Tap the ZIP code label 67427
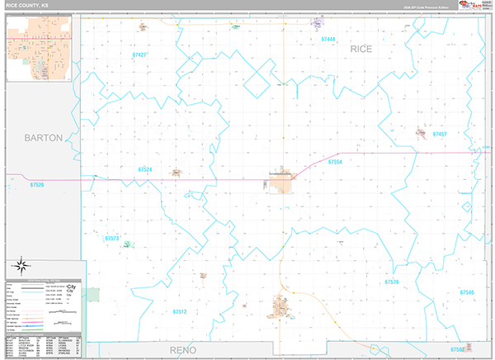tap(139, 54)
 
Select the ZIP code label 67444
tap(328, 39)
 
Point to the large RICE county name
tap(361, 50)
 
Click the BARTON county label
tap(43, 138)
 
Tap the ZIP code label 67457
tap(438, 134)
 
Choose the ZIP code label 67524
tap(144, 169)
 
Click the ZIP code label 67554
tap(335, 162)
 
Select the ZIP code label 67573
tap(113, 238)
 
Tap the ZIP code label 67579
tap(391, 282)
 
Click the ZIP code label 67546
tap(467, 292)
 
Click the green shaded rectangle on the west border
tap(93, 293)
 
